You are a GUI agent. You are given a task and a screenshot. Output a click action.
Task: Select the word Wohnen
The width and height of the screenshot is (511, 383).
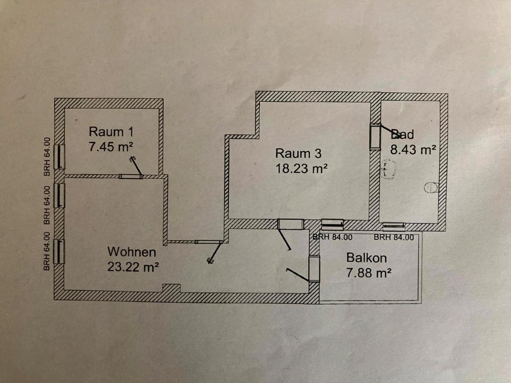(x=131, y=252)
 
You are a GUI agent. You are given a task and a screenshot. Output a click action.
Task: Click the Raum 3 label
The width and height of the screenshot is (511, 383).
(x=298, y=154)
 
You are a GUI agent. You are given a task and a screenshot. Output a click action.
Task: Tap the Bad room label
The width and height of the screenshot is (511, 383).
(x=402, y=135)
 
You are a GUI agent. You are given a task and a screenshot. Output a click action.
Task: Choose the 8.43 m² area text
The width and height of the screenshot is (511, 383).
(x=414, y=149)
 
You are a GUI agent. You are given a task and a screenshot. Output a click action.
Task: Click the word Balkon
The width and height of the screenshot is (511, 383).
(x=366, y=258)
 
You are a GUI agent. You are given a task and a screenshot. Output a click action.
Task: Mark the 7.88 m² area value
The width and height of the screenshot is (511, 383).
(x=369, y=273)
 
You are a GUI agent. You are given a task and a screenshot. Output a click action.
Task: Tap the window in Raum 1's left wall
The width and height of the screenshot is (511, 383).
(x=60, y=157)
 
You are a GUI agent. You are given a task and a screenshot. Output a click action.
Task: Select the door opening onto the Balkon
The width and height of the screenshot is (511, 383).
(x=314, y=269)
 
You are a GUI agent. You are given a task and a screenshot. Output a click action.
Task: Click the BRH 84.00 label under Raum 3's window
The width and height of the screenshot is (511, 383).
(x=332, y=237)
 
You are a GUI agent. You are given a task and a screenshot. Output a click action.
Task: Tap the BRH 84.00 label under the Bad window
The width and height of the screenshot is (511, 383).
(x=394, y=237)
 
